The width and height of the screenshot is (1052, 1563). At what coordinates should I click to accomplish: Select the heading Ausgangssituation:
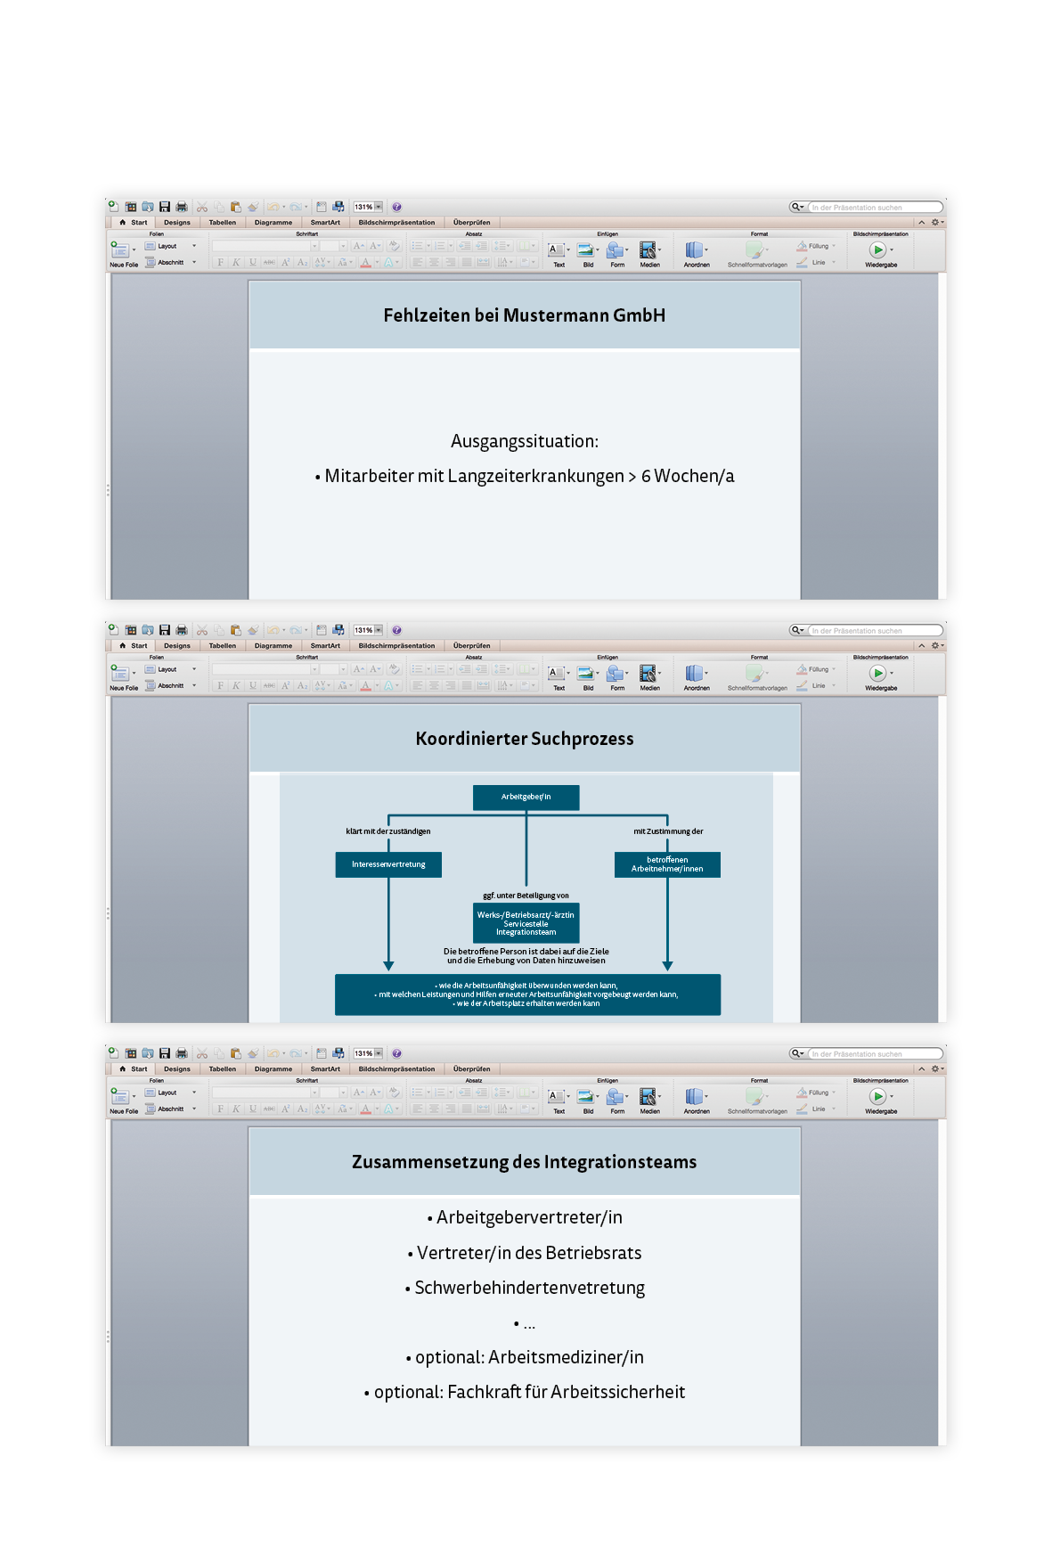(x=524, y=441)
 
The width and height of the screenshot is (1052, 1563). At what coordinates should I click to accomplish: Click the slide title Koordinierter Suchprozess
(x=524, y=739)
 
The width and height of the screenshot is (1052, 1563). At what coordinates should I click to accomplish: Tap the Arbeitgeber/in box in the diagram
(x=526, y=797)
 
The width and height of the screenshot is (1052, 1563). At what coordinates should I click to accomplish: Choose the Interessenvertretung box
(x=388, y=864)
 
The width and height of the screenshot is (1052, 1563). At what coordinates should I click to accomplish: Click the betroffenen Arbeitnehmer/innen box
(x=667, y=864)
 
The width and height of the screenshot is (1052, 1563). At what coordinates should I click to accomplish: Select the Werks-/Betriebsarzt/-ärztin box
(x=526, y=923)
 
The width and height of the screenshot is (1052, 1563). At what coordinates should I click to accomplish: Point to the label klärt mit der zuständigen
(x=388, y=831)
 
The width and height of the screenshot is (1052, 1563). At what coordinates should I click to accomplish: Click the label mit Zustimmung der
(x=668, y=831)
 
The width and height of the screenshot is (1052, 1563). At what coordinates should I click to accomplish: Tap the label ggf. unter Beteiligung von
(x=526, y=896)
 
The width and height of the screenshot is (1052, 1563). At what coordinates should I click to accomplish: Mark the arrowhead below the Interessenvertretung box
(x=388, y=966)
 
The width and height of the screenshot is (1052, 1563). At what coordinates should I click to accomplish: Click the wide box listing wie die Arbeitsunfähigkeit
(x=527, y=994)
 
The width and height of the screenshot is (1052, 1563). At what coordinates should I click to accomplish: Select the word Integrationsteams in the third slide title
(x=620, y=1162)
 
